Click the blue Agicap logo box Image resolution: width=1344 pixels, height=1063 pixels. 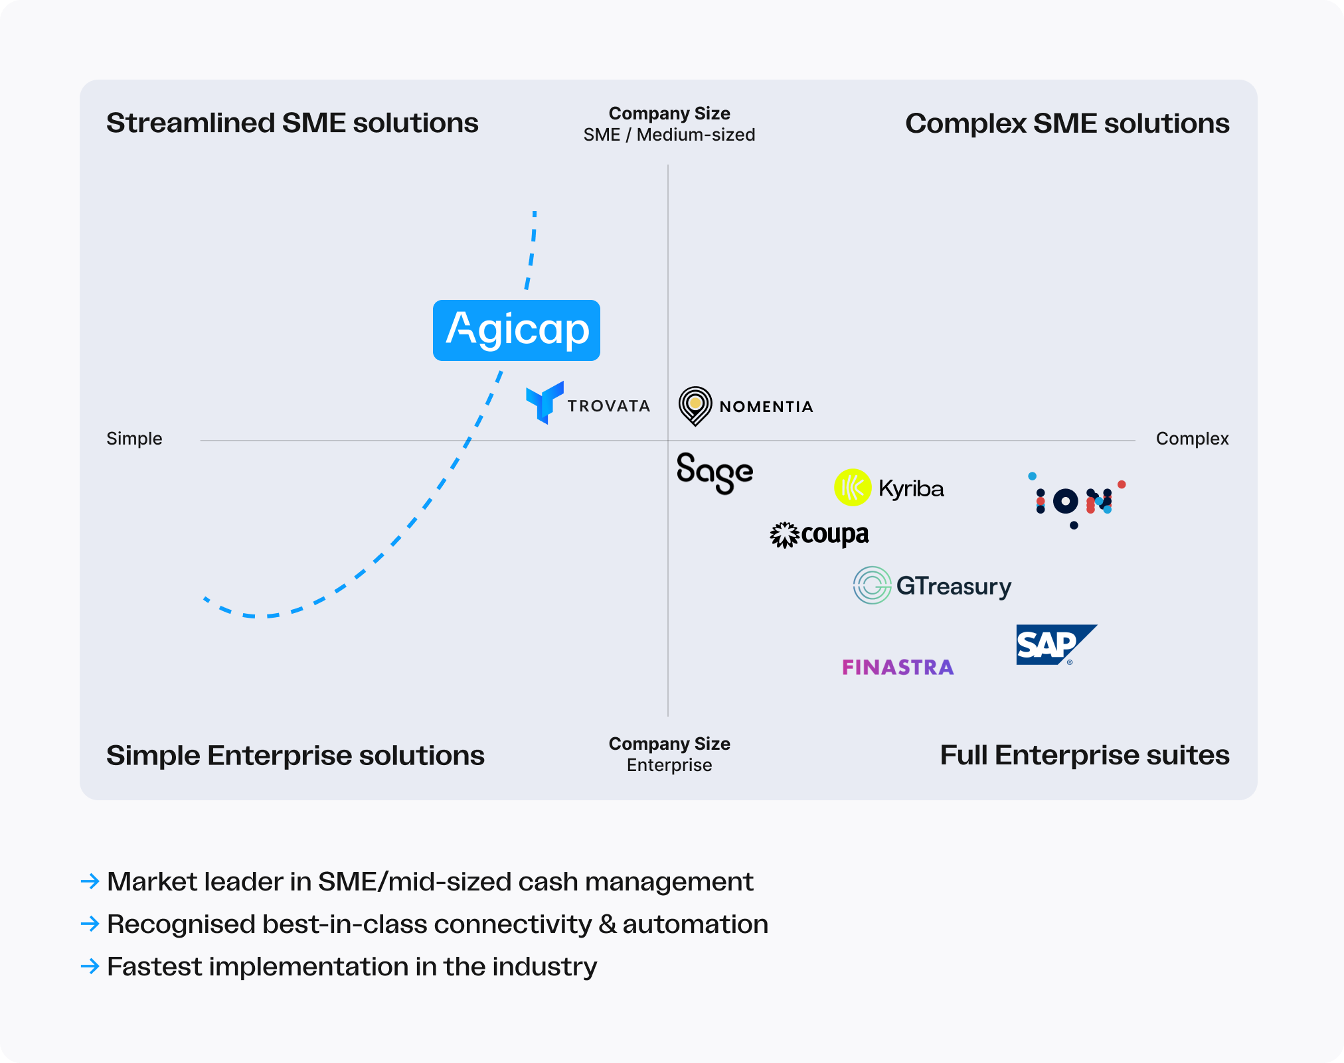coord(516,330)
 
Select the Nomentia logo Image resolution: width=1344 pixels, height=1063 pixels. coord(746,406)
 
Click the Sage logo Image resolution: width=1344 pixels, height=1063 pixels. coord(714,472)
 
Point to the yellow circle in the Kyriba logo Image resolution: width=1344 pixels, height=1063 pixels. coord(852,488)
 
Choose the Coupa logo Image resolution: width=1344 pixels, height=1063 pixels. coord(819,534)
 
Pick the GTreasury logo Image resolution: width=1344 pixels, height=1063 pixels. coord(932,585)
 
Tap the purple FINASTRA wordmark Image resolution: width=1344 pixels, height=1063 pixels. coord(898,667)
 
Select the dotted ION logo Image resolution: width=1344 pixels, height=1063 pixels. coord(1076,501)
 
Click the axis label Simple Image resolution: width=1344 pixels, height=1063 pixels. coord(134,439)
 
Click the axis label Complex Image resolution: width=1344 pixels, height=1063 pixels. coord(1192,439)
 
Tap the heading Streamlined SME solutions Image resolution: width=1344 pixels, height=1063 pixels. coord(292,123)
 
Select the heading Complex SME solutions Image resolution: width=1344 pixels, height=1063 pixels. coord(1066,124)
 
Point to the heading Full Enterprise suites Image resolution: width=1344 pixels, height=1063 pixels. coord(1084,755)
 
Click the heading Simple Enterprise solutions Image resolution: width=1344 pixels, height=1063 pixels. coord(295,756)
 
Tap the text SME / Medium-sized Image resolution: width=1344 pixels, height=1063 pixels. coord(669,135)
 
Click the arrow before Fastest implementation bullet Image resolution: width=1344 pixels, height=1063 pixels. coord(90,966)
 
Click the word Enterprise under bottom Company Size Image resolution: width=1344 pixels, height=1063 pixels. coord(669,765)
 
